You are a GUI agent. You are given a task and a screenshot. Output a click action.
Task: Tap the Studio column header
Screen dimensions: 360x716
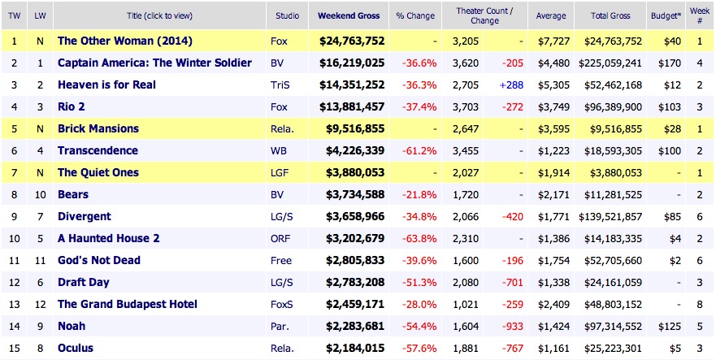pyautogui.click(x=286, y=15)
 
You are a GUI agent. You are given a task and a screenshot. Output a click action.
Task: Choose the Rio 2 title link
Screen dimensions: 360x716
pyautogui.click(x=71, y=106)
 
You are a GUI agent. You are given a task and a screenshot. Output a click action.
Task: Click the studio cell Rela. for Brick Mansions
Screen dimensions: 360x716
pyautogui.click(x=281, y=128)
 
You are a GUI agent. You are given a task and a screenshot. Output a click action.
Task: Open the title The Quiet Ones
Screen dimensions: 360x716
pyautogui.click(x=98, y=172)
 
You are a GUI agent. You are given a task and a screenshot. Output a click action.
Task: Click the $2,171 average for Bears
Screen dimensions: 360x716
pyautogui.click(x=551, y=194)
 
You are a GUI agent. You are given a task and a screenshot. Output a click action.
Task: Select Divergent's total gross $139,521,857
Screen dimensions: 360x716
pyautogui.click(x=610, y=216)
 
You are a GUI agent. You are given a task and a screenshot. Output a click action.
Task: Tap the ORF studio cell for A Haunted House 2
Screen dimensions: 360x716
pyautogui.click(x=280, y=238)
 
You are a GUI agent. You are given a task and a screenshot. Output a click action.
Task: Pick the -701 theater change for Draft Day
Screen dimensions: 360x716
pyautogui.click(x=506, y=282)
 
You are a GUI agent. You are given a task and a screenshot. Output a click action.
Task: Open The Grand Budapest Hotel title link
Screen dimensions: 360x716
pyautogui.click(x=127, y=304)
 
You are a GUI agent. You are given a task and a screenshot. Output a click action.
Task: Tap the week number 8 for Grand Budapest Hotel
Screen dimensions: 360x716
pyautogui.click(x=697, y=304)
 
